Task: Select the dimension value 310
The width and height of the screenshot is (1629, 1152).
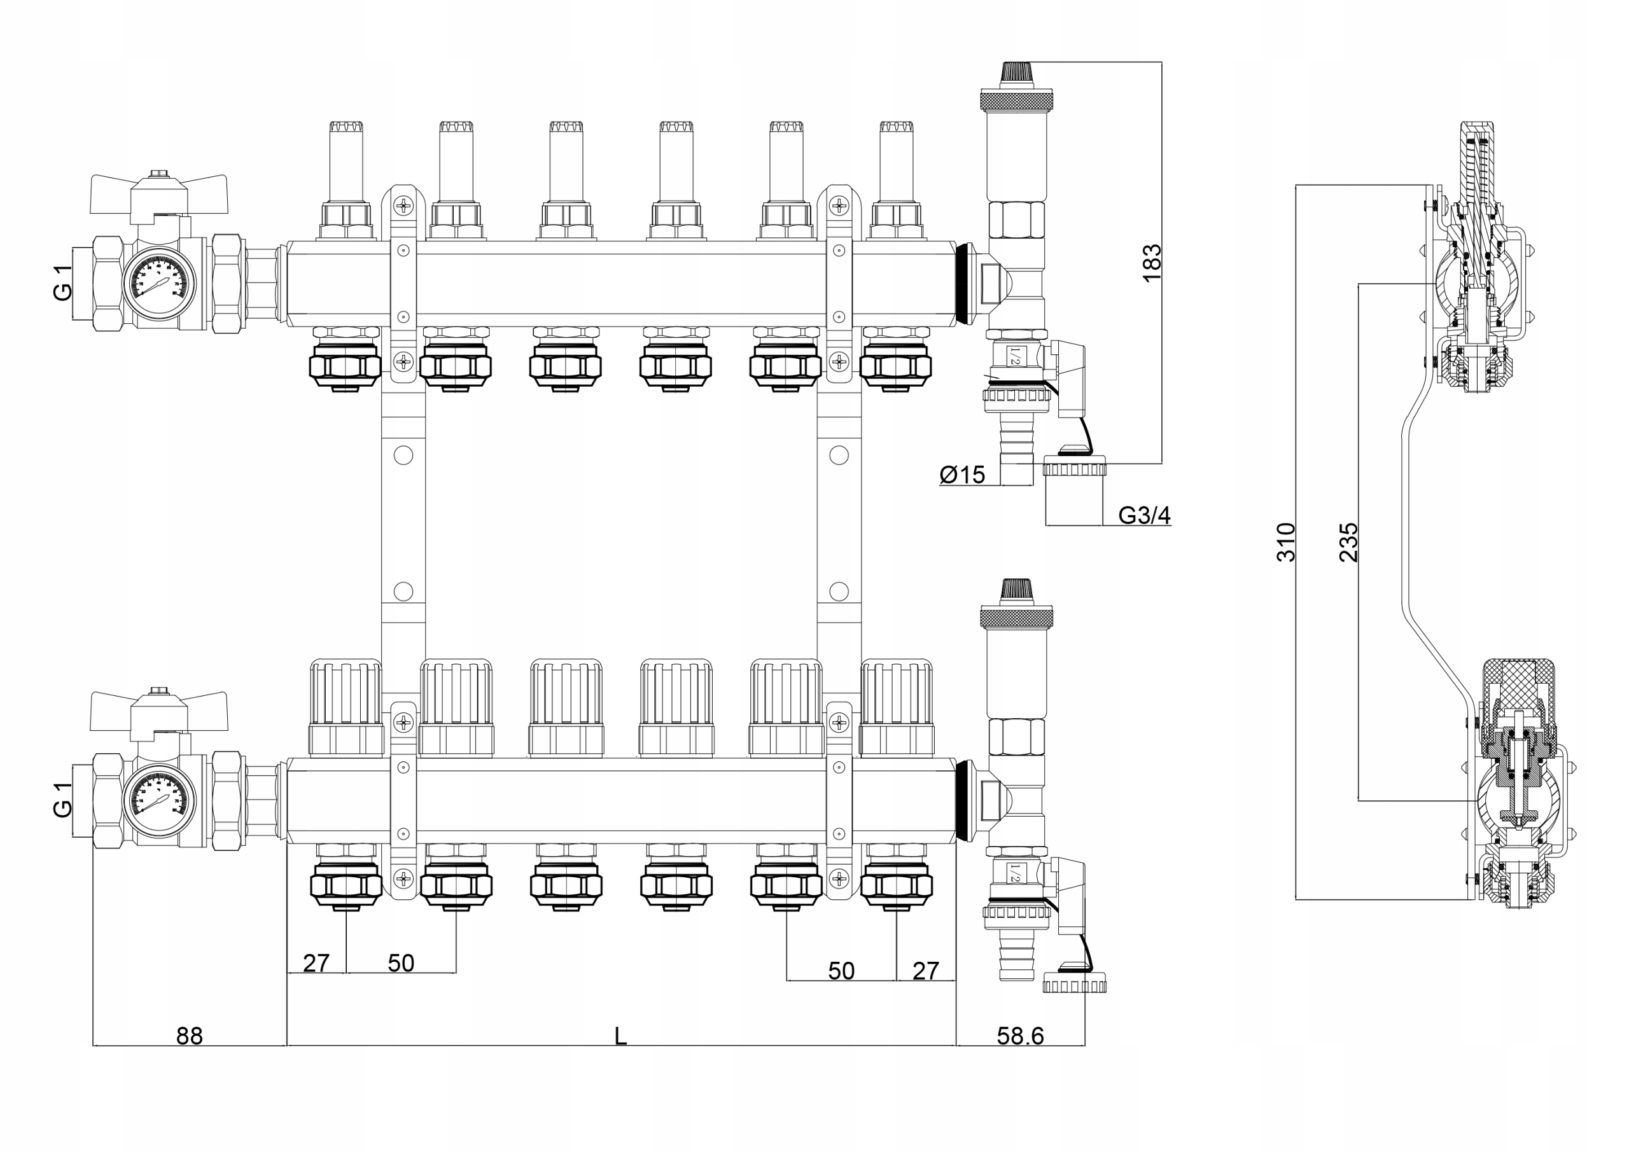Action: [1285, 542]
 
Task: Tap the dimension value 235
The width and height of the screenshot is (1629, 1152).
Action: [1348, 542]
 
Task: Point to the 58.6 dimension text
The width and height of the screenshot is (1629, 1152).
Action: [1019, 1036]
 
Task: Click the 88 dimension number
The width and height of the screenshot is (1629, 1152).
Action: [190, 1036]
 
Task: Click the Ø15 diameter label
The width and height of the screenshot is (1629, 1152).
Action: [962, 475]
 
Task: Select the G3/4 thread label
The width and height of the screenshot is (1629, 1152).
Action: [1143, 516]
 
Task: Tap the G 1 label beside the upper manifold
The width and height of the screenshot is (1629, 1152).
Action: [62, 282]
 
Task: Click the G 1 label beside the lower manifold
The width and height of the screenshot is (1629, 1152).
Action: [62, 800]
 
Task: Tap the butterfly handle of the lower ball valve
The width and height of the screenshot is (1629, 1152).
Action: [158, 711]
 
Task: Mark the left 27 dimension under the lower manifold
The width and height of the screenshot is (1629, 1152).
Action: [316, 962]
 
